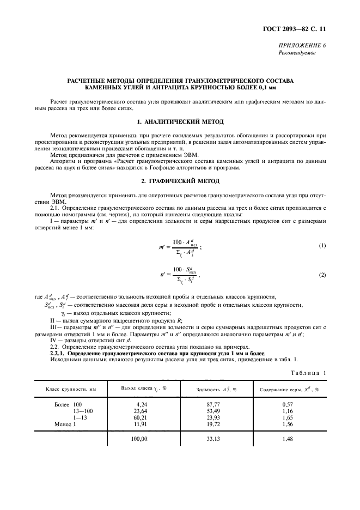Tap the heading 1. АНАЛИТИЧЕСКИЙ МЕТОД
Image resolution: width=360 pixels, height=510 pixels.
pyautogui.click(x=180, y=120)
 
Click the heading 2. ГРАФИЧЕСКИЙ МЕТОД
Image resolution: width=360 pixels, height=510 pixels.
pyautogui.click(x=180, y=180)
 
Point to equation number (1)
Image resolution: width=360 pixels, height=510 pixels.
pyautogui.click(x=322, y=230)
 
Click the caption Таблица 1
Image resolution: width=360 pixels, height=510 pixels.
pyautogui.click(x=308, y=372)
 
